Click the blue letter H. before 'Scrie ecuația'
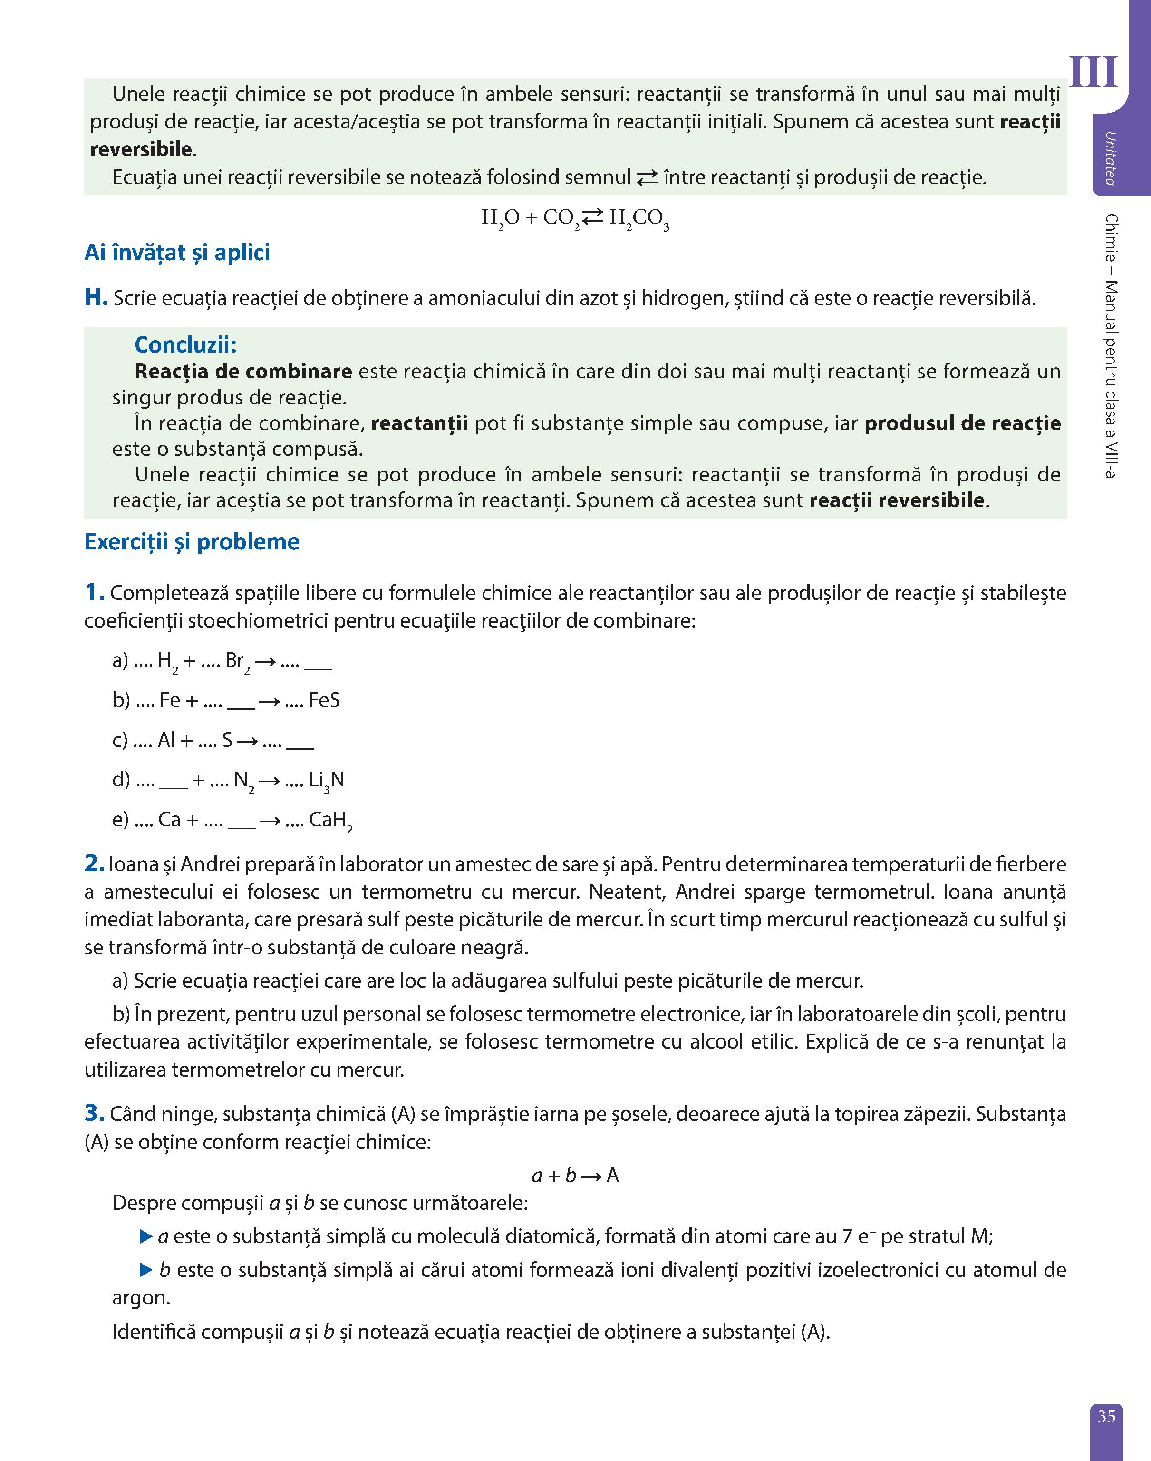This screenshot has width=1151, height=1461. click(x=96, y=297)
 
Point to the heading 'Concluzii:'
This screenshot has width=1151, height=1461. click(x=185, y=344)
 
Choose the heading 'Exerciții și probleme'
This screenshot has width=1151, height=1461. click(x=192, y=542)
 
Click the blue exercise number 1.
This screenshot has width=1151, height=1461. click(x=94, y=593)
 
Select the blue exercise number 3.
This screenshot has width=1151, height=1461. click(x=94, y=1113)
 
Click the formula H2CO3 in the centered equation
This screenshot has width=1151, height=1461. click(x=639, y=218)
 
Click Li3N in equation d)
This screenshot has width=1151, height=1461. click(x=326, y=781)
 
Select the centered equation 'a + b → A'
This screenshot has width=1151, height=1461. click(x=575, y=1176)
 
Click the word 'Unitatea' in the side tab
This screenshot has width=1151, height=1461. click(x=1109, y=158)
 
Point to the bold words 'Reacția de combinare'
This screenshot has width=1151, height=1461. click(x=243, y=372)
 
